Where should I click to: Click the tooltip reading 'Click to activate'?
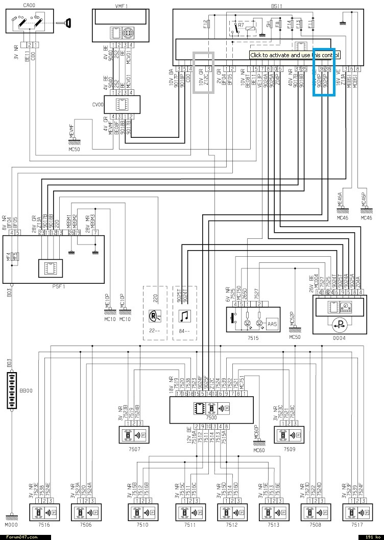(x=295, y=55)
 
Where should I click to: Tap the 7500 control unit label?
(x=209, y=418)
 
